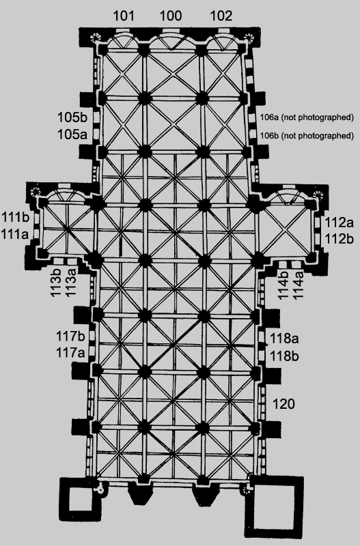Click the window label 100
pyautogui.click(x=171, y=16)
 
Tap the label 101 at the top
pyautogui.click(x=124, y=16)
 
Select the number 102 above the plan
pyautogui.click(x=221, y=16)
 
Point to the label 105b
pyautogui.click(x=72, y=117)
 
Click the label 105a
pyautogui.click(x=72, y=134)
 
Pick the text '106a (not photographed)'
pyautogui.click(x=307, y=117)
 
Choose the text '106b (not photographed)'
pyautogui.click(x=307, y=135)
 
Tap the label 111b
pyautogui.click(x=15, y=216)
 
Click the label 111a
pyautogui.click(x=15, y=234)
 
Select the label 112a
pyautogui.click(x=340, y=222)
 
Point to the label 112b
pyautogui.click(x=340, y=239)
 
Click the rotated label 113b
pyautogui.click(x=56, y=283)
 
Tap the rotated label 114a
pyautogui.click(x=299, y=285)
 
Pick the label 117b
pyautogui.click(x=70, y=336)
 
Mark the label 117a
pyautogui.click(x=70, y=353)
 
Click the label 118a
pyautogui.click(x=284, y=338)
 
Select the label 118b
pyautogui.click(x=284, y=356)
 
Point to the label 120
pyautogui.click(x=283, y=404)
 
